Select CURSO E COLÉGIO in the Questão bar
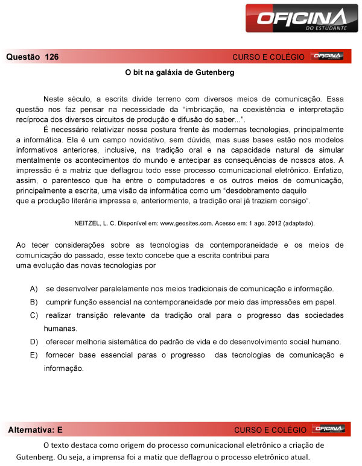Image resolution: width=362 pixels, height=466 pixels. [x=268, y=57]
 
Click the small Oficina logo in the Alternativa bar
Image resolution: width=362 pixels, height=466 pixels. [x=328, y=429]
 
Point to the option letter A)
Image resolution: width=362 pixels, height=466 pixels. [x=34, y=288]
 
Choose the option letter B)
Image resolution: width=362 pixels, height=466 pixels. [x=34, y=301]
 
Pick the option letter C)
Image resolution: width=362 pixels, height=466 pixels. [x=34, y=315]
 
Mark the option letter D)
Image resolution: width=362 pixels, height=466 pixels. [x=34, y=342]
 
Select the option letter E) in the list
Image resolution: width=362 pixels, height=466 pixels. [x=34, y=354]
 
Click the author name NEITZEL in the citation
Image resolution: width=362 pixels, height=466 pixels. [x=87, y=222]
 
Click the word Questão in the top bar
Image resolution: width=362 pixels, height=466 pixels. [x=22, y=57]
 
